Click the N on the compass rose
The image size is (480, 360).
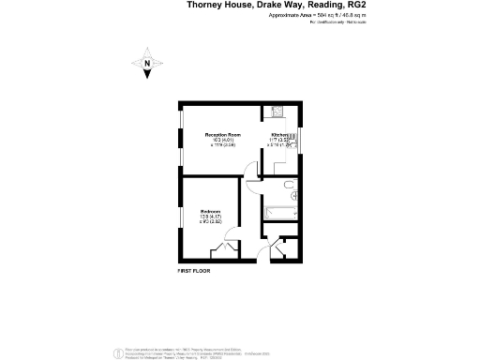pos(147,64)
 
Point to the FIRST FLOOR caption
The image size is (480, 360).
pos(194,270)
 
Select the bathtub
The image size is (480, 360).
pos(278,211)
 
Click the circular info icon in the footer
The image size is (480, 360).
pos(116,352)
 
